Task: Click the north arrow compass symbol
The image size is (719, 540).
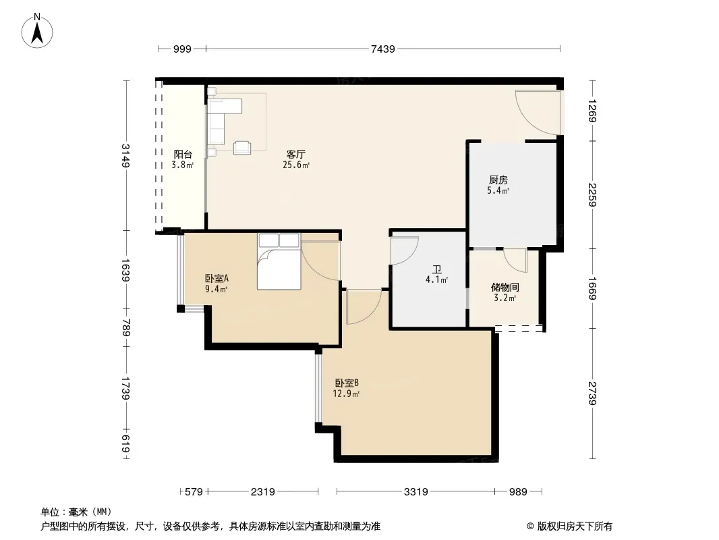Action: click(x=37, y=30)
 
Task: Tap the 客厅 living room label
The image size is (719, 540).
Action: click(x=296, y=154)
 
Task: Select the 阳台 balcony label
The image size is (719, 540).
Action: click(x=183, y=155)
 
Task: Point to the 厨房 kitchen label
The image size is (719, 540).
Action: click(x=498, y=180)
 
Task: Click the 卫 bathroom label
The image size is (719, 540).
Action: click(x=436, y=269)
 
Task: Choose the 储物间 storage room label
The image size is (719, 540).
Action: click(x=505, y=287)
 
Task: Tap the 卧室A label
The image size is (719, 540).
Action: click(x=217, y=278)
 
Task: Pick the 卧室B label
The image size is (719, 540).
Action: click(x=347, y=383)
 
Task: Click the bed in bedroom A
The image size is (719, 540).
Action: click(x=279, y=261)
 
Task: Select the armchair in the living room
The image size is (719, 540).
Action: click(x=242, y=147)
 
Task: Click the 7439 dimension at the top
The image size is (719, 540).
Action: click(x=382, y=49)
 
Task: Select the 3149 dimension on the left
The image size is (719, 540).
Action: click(x=126, y=156)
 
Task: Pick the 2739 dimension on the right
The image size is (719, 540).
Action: click(x=592, y=393)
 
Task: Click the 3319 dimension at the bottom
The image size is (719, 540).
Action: click(x=416, y=492)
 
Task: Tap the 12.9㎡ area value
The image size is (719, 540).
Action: click(x=347, y=394)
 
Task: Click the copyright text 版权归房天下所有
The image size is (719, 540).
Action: click(x=575, y=526)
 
